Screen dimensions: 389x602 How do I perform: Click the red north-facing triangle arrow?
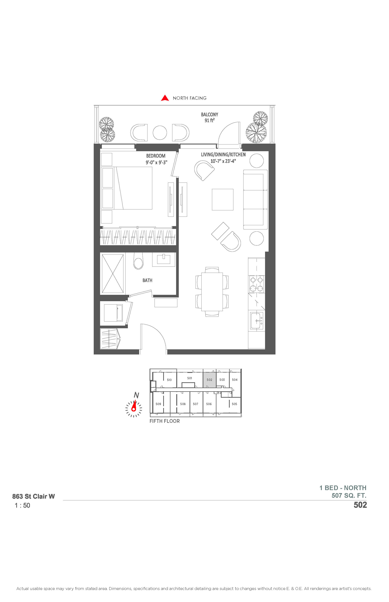pyautogui.click(x=165, y=98)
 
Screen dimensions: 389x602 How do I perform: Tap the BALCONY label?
pyautogui.click(x=210, y=115)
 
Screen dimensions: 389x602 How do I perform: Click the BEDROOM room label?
pyautogui.click(x=156, y=156)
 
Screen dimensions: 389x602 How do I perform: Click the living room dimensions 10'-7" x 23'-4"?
pyautogui.click(x=223, y=161)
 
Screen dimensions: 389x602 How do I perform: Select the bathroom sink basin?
pyautogui.click(x=164, y=259)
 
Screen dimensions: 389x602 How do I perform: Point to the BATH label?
pyautogui.click(x=147, y=280)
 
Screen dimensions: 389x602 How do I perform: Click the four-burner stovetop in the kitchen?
pyautogui.click(x=257, y=284)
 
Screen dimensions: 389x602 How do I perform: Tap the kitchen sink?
pyautogui.click(x=257, y=321)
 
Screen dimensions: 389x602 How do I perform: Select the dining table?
pyautogui.click(x=212, y=291)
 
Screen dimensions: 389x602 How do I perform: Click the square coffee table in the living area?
pyautogui.click(x=223, y=200)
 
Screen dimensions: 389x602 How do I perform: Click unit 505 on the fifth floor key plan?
pyautogui.click(x=234, y=404)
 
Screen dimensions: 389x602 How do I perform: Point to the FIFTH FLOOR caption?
pyautogui.click(x=165, y=421)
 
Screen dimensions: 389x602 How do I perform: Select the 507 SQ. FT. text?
pyautogui.click(x=349, y=496)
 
